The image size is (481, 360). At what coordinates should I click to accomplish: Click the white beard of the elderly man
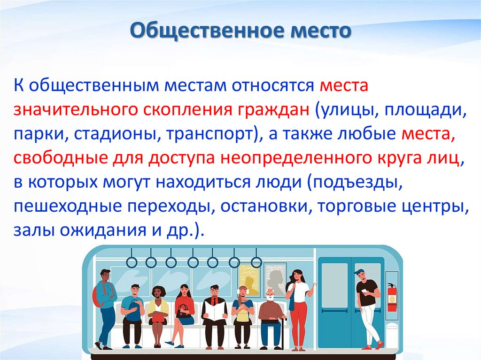[270, 299]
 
